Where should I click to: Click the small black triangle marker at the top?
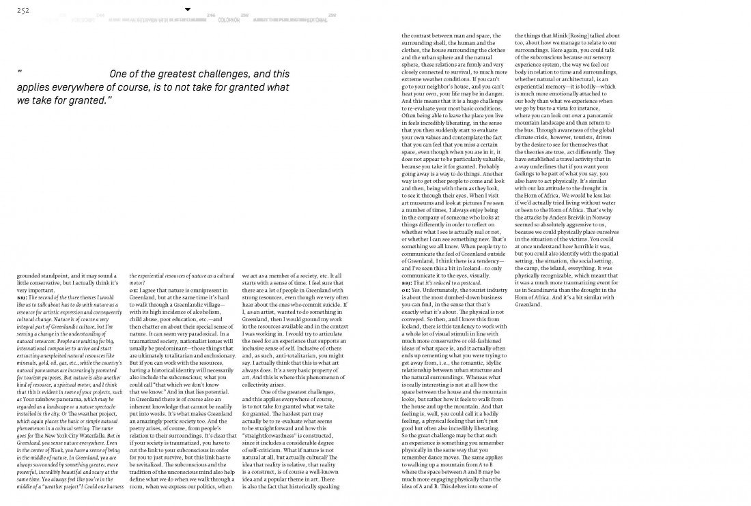[188, 10]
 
